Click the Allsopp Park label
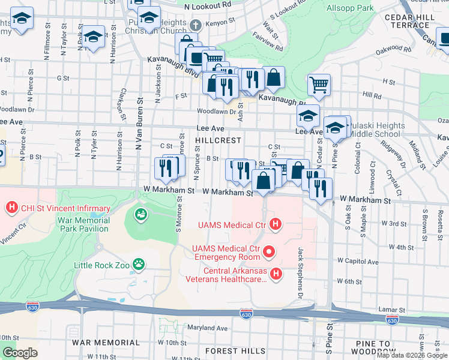pyautogui.click(x=350, y=8)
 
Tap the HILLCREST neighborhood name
pyautogui.click(x=218, y=140)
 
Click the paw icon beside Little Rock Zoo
pyautogui.click(x=139, y=263)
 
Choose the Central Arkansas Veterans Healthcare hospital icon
pyautogui.click(x=276, y=274)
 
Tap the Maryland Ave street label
pyautogui.click(x=206, y=328)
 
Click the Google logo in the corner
pyautogui.click(x=20, y=353)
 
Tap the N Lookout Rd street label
pyautogui.click(x=208, y=4)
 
